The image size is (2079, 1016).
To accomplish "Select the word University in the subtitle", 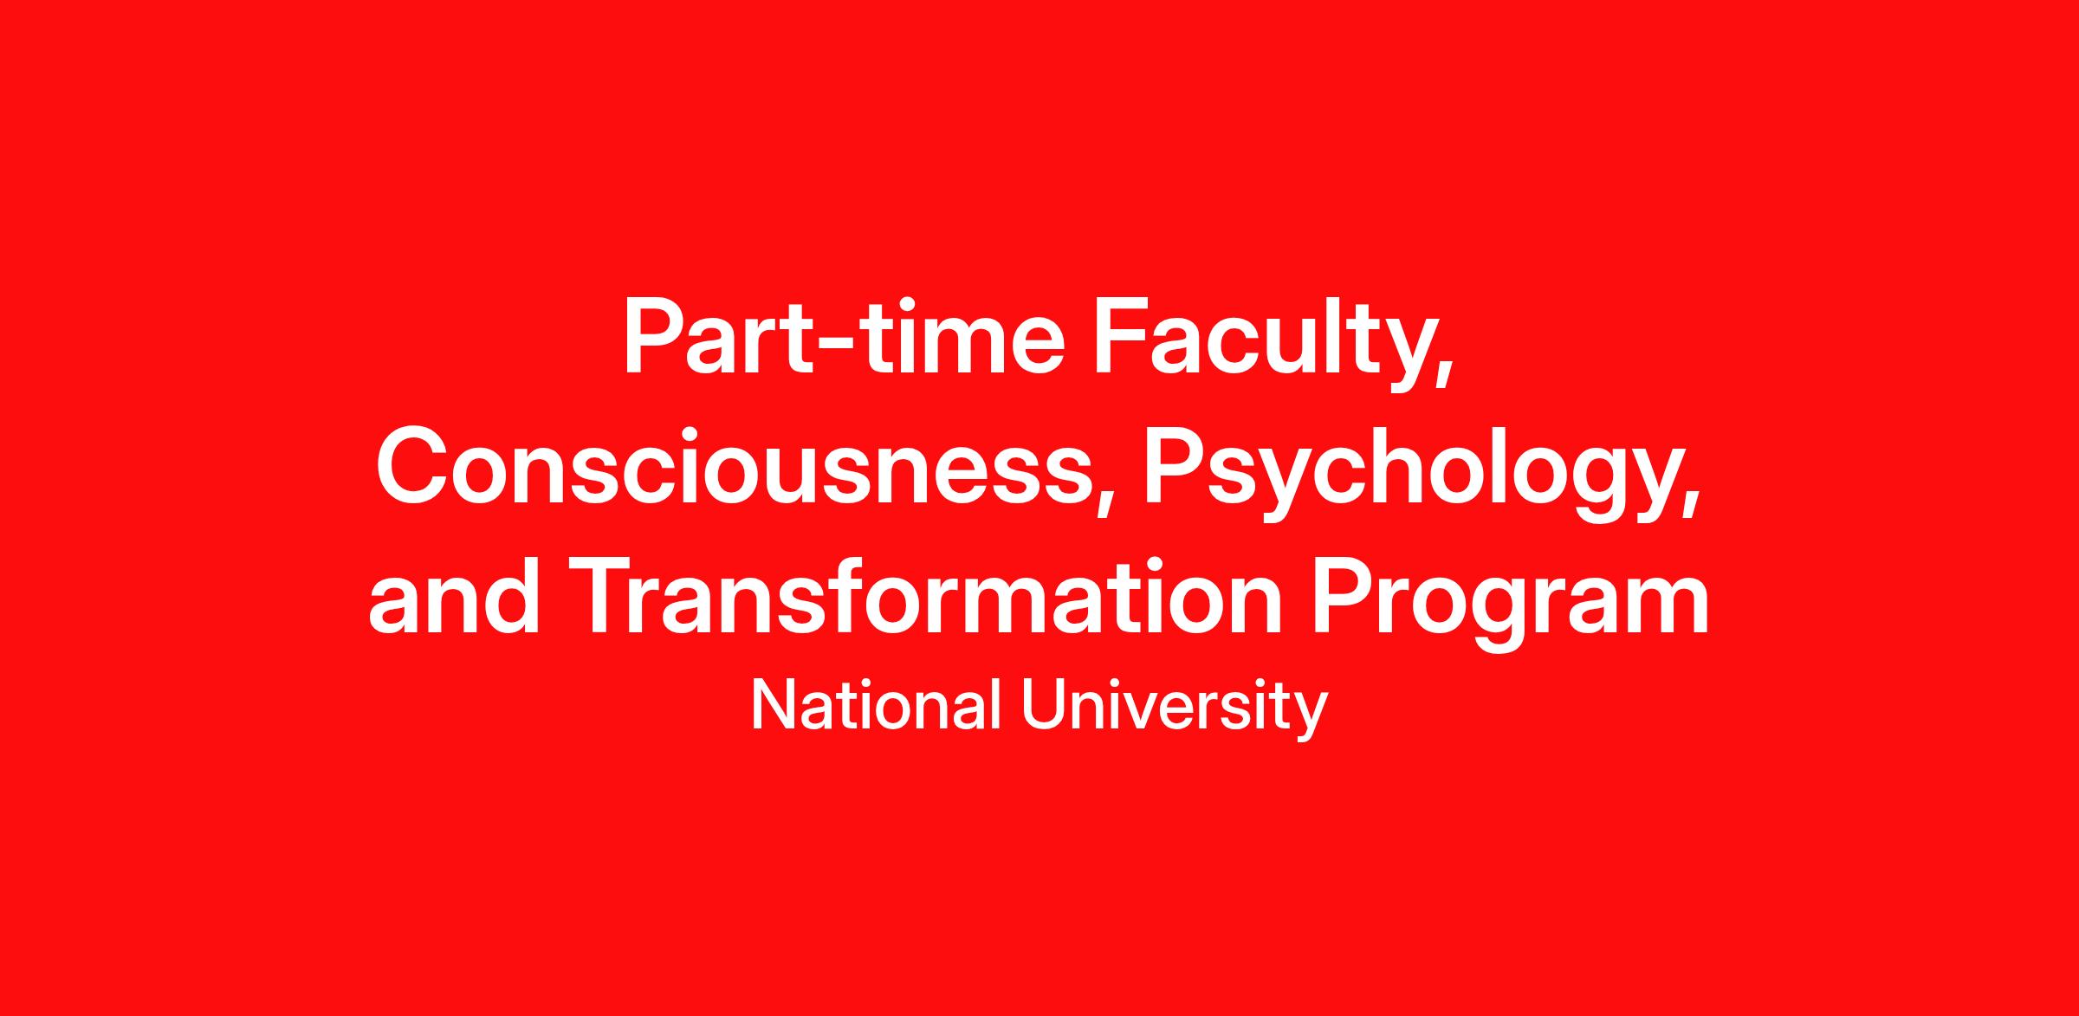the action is point(1175,709).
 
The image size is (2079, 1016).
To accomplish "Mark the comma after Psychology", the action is point(1691,499).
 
